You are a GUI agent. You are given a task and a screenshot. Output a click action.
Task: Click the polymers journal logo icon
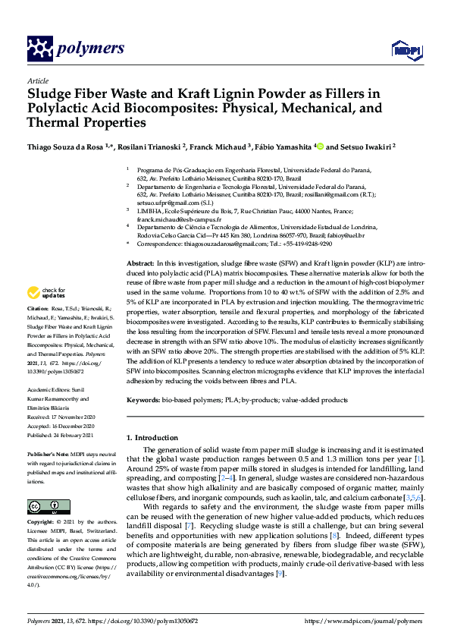pos(39,49)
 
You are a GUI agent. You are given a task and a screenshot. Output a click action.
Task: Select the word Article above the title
pos(37,80)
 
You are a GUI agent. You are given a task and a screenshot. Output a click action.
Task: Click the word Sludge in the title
pos(50,94)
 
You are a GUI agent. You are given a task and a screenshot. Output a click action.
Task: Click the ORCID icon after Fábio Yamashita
pos(321,146)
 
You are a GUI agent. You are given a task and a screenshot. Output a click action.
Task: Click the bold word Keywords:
pos(143,399)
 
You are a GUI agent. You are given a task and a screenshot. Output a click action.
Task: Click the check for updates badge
pos(48,292)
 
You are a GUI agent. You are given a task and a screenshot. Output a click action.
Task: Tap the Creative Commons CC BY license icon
pos(43,505)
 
